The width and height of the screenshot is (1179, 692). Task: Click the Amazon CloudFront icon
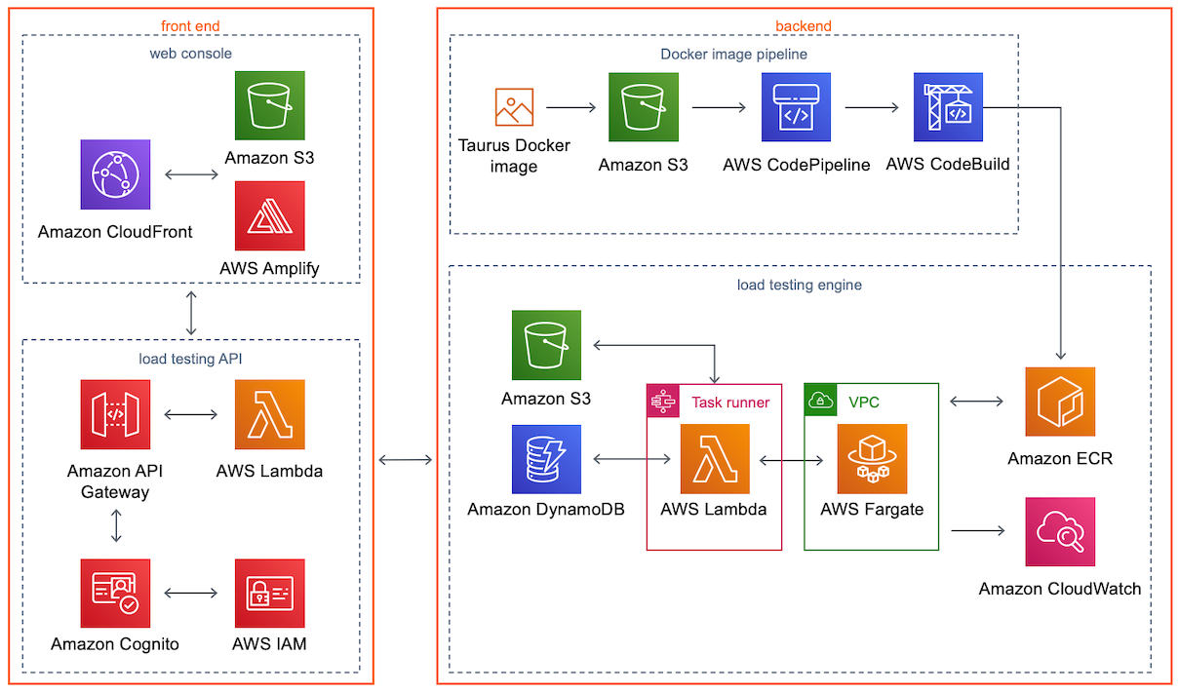tap(115, 174)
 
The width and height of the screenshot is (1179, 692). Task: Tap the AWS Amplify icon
tap(269, 215)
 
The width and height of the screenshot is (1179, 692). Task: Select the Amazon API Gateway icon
tap(115, 414)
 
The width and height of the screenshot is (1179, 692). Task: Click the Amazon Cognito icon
tap(115, 593)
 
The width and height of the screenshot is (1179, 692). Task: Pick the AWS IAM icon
tap(269, 593)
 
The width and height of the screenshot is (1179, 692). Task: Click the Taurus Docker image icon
tap(514, 107)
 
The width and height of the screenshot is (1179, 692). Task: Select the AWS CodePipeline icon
tap(796, 107)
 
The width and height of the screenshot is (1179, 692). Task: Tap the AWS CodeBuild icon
tap(948, 107)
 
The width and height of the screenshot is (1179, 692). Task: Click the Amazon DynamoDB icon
tap(546, 458)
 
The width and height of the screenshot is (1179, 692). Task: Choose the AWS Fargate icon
tap(872, 458)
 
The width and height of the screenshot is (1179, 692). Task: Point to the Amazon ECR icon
tap(1060, 402)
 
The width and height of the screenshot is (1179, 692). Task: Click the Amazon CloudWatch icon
tap(1060, 531)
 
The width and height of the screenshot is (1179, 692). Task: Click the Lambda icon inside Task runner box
tap(715, 458)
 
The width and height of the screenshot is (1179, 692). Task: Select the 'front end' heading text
tap(190, 25)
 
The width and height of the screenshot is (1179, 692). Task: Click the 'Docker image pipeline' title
tap(733, 54)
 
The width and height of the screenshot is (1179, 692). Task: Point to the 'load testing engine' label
tap(799, 285)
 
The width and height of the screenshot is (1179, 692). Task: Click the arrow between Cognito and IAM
tap(192, 593)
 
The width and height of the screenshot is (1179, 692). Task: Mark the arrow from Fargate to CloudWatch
tap(977, 531)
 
